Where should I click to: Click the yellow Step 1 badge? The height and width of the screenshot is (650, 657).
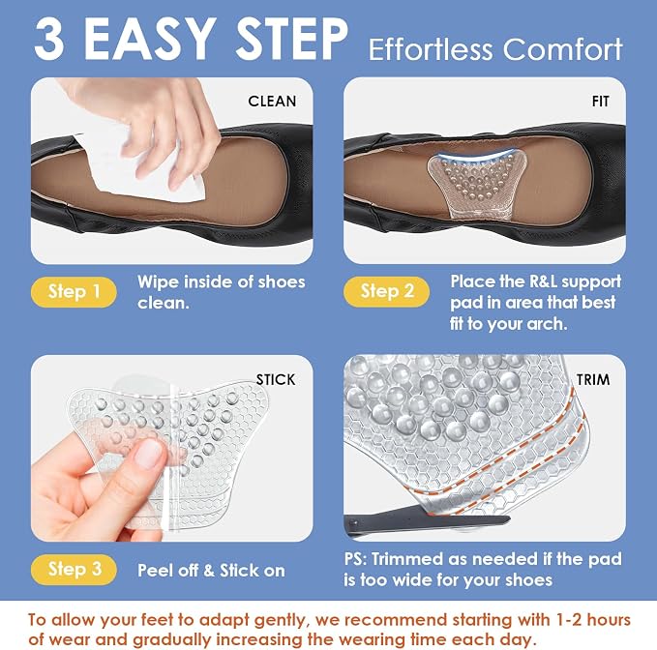tap(74, 291)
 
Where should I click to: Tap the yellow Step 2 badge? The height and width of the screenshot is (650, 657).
tap(386, 291)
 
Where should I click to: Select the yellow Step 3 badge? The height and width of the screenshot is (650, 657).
tap(74, 569)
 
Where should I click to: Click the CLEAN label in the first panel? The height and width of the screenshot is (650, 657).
tap(272, 101)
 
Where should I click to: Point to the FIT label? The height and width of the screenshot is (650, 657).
tap(600, 102)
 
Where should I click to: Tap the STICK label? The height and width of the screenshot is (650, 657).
tap(276, 379)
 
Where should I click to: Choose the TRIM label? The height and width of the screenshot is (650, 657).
tap(593, 379)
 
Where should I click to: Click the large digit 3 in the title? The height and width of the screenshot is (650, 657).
tap(49, 40)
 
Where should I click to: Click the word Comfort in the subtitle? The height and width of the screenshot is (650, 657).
tap(563, 49)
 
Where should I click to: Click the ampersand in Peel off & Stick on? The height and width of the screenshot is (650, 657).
tap(210, 571)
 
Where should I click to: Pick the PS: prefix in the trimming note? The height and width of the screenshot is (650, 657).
tap(356, 559)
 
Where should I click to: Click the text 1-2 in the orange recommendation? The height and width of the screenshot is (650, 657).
tap(568, 620)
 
